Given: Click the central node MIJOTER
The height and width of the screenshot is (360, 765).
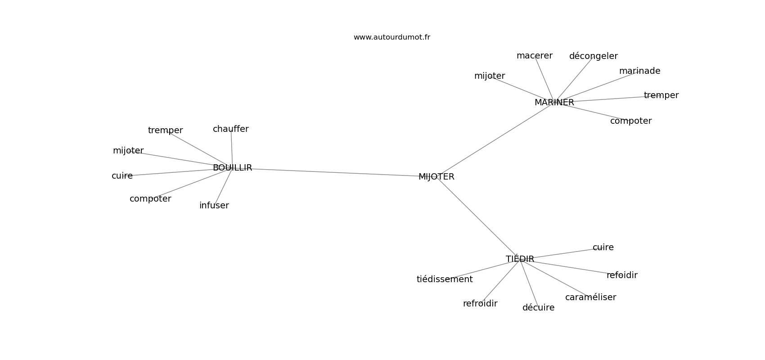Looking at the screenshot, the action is [436, 176].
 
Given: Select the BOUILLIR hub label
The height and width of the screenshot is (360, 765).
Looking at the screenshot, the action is [232, 168].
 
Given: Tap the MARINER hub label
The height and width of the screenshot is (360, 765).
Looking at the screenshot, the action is [554, 103].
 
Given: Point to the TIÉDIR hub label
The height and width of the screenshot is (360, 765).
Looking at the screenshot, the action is [520, 259].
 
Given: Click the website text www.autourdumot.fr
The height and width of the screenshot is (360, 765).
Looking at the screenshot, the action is [391, 37].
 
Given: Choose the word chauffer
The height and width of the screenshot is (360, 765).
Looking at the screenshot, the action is [231, 129].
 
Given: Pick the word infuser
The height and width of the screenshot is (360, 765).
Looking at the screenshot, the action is [214, 205].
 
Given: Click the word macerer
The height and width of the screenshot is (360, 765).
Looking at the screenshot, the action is [535, 56].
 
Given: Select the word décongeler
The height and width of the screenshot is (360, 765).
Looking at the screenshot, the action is [594, 56].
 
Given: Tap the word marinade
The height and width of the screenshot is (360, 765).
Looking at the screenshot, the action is [639, 71].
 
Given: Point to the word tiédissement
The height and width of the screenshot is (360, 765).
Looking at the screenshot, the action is [445, 279].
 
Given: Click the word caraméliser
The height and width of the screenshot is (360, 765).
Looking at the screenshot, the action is [591, 297].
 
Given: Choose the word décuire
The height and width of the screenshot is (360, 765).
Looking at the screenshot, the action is [539, 308].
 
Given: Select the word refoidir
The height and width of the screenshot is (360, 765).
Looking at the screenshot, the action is [622, 275].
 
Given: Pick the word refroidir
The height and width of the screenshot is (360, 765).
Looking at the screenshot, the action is [480, 304].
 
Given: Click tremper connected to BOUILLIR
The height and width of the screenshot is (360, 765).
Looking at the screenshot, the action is [165, 130].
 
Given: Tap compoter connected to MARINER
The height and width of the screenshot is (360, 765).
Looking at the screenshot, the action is [631, 121].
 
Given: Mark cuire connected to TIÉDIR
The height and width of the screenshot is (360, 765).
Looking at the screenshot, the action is [603, 247].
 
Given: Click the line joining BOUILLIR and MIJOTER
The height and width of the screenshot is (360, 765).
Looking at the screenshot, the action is [334, 172].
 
